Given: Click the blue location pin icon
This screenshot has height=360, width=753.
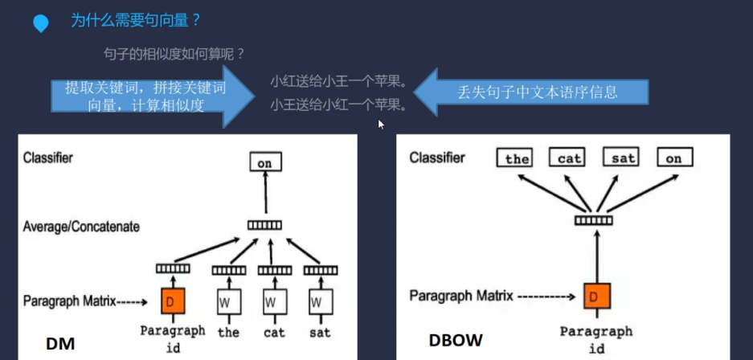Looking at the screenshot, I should coord(40,24).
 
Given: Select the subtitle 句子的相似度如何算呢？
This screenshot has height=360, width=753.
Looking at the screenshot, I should coord(174,54).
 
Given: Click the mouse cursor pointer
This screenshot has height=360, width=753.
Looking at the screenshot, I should coord(382,125).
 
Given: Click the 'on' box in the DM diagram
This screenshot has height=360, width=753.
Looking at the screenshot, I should coord(264,163).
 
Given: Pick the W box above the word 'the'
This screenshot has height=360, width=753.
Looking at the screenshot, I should coord(228,302).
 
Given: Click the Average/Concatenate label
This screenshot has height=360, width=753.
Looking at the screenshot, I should coord(81,227).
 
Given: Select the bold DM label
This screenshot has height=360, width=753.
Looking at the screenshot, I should coord(60,344).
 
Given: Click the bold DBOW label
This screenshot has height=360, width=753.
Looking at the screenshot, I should coord(455,341).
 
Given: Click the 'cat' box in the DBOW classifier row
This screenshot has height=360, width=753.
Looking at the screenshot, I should coord(570,158).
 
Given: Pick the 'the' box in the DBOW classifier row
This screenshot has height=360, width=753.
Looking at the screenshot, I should coord(517,158).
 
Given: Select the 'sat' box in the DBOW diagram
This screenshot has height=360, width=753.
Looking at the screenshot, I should coord(623,158).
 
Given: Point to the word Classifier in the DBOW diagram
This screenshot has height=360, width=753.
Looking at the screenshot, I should coord(437,157).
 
